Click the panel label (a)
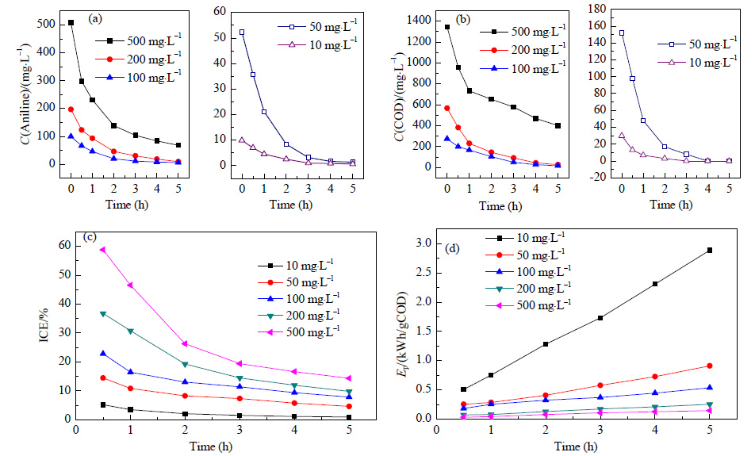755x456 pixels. click(x=95, y=19)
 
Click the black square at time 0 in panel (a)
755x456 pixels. click(x=71, y=23)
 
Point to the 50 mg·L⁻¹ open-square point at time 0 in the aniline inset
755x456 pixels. click(x=242, y=33)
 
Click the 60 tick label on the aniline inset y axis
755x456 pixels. click(x=220, y=11)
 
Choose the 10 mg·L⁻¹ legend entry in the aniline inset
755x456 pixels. click(x=317, y=44)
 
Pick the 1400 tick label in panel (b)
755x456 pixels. click(x=417, y=21)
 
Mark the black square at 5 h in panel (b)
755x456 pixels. click(x=558, y=125)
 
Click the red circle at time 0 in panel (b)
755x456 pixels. click(x=446, y=109)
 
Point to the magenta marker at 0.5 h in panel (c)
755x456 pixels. click(x=102, y=250)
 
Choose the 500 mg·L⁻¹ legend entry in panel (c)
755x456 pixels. click(x=298, y=331)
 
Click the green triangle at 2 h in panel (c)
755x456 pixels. click(x=185, y=364)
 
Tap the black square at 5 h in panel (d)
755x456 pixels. click(x=709, y=251)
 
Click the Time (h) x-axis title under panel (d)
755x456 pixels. click(x=576, y=446)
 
